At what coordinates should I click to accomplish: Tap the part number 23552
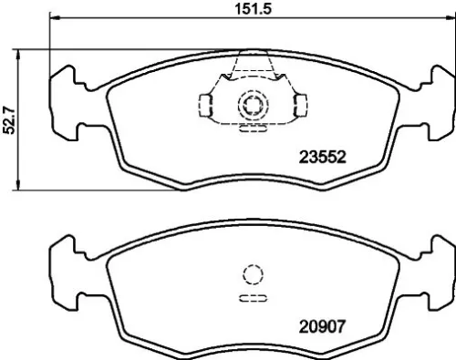[322, 156]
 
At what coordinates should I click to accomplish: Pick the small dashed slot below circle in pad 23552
[249, 129]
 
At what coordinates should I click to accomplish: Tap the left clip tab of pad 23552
[207, 105]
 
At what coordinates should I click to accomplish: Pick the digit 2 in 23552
[304, 156]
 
